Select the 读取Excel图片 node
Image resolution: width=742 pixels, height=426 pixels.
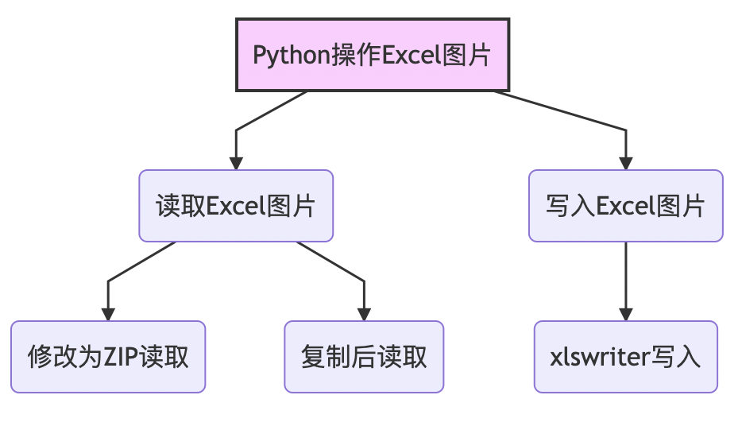tap(236, 206)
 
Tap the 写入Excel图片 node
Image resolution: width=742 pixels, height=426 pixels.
tap(626, 206)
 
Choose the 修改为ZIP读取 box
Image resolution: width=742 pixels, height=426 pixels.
tap(108, 357)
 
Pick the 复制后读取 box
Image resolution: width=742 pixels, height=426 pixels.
tap(364, 357)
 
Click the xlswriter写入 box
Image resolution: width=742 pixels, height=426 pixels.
tap(626, 357)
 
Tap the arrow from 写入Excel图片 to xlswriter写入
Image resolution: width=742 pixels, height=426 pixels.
tap(626, 278)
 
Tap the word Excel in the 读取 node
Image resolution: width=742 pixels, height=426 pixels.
tap(236, 207)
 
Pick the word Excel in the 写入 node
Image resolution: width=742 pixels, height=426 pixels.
tap(626, 207)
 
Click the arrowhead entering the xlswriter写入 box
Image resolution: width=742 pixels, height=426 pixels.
tap(626, 313)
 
